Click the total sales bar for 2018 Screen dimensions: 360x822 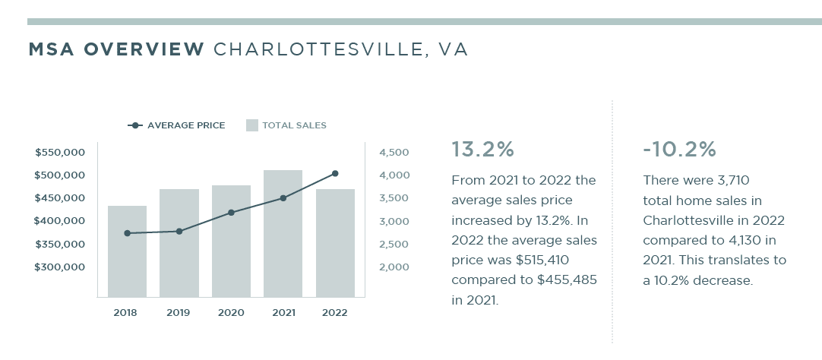[127, 251]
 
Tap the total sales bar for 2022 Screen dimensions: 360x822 [335, 243]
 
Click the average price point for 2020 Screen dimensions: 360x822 [231, 213]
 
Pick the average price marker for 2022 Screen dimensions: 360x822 [335, 174]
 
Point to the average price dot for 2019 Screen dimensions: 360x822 [179, 231]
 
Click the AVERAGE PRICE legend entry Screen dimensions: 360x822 [177, 125]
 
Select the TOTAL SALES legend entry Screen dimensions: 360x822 [286, 125]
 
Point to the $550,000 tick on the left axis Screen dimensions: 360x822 [60, 153]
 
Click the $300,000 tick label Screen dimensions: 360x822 [60, 267]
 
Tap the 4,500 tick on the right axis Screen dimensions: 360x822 [395, 153]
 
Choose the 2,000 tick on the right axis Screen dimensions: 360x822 [395, 267]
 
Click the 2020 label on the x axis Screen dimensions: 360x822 [231, 312]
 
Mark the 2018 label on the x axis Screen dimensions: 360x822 [127, 312]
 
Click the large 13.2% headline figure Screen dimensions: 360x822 [482, 150]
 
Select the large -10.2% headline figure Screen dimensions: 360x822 [679, 150]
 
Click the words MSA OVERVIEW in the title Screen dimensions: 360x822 [116, 50]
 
